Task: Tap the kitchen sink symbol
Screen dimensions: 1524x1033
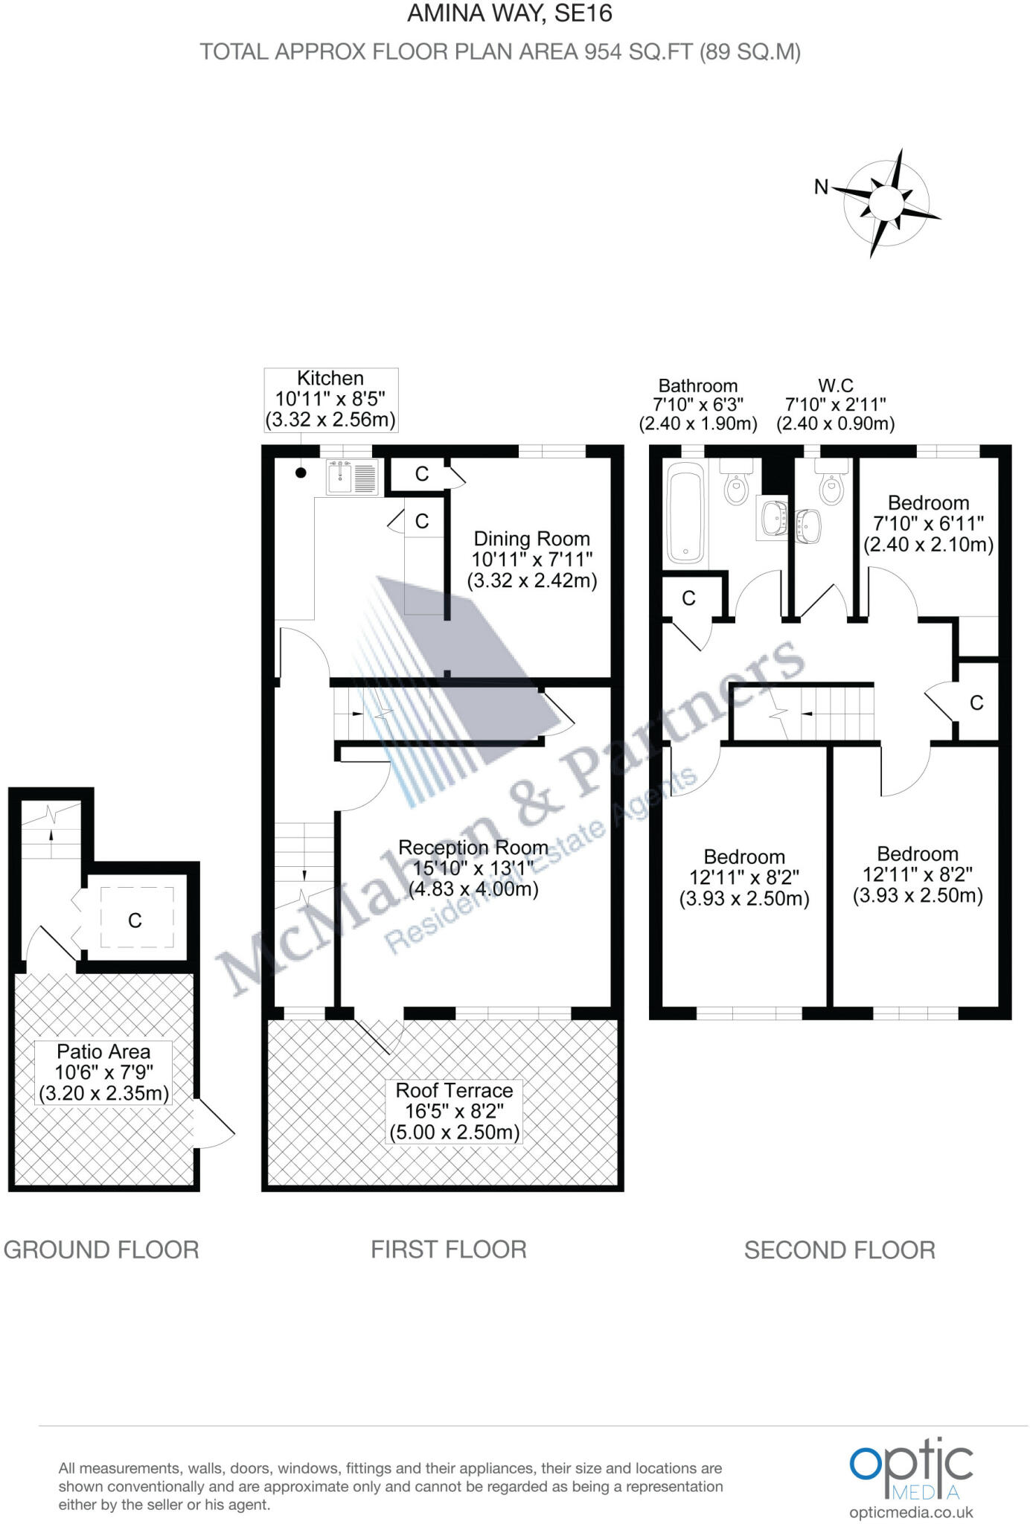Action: tap(352, 478)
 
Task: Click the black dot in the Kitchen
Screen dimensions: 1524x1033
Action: tap(301, 473)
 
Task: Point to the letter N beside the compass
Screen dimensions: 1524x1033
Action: tap(821, 187)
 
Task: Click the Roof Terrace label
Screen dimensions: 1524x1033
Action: tap(454, 1111)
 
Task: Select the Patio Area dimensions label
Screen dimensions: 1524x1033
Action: tap(103, 1072)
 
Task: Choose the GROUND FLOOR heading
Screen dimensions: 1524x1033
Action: tap(101, 1249)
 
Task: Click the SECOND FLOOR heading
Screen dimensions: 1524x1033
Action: tap(839, 1250)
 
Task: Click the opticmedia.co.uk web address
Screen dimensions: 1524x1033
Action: tap(911, 1513)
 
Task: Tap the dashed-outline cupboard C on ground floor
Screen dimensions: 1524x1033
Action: tap(136, 920)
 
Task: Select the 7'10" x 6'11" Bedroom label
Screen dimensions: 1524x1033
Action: tap(928, 524)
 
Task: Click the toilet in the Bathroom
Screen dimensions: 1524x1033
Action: tap(736, 485)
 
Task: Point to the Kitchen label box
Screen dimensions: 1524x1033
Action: tap(330, 399)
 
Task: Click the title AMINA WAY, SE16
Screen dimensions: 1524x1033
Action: tap(510, 13)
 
